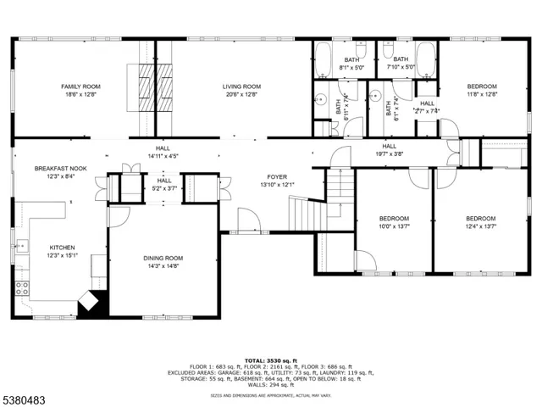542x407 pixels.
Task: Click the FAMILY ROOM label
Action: pyautogui.click(x=80, y=86)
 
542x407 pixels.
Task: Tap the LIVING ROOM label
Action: pyautogui.click(x=241, y=86)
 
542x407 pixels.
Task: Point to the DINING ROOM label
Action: pyautogui.click(x=162, y=258)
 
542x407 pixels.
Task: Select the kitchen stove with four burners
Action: pyautogui.click(x=21, y=287)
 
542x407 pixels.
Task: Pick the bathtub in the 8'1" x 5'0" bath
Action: pyautogui.click(x=324, y=59)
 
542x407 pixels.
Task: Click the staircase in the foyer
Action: pyautogui.click(x=307, y=212)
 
